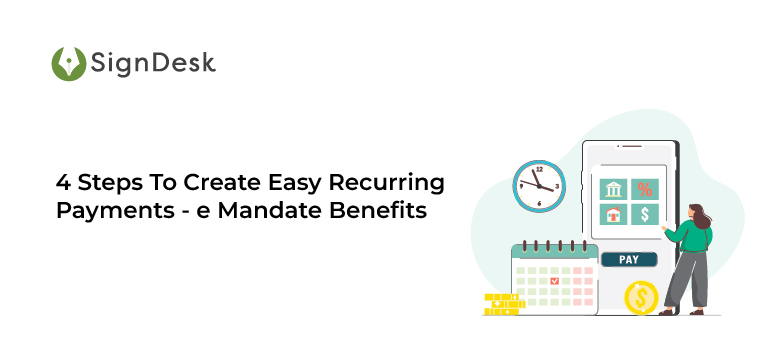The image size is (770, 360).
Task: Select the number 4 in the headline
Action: pyautogui.click(x=62, y=183)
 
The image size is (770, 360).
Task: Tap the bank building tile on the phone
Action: pyautogui.click(x=612, y=189)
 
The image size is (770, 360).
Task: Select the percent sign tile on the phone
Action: pyautogui.click(x=645, y=189)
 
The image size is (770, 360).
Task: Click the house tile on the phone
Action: pyautogui.click(x=612, y=214)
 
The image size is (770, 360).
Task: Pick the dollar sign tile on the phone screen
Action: pyautogui.click(x=645, y=214)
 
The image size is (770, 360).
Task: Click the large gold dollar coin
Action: pyautogui.click(x=641, y=296)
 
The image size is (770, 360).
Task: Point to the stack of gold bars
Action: pyautogui.click(x=503, y=304)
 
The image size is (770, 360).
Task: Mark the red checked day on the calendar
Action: pyautogui.click(x=555, y=282)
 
